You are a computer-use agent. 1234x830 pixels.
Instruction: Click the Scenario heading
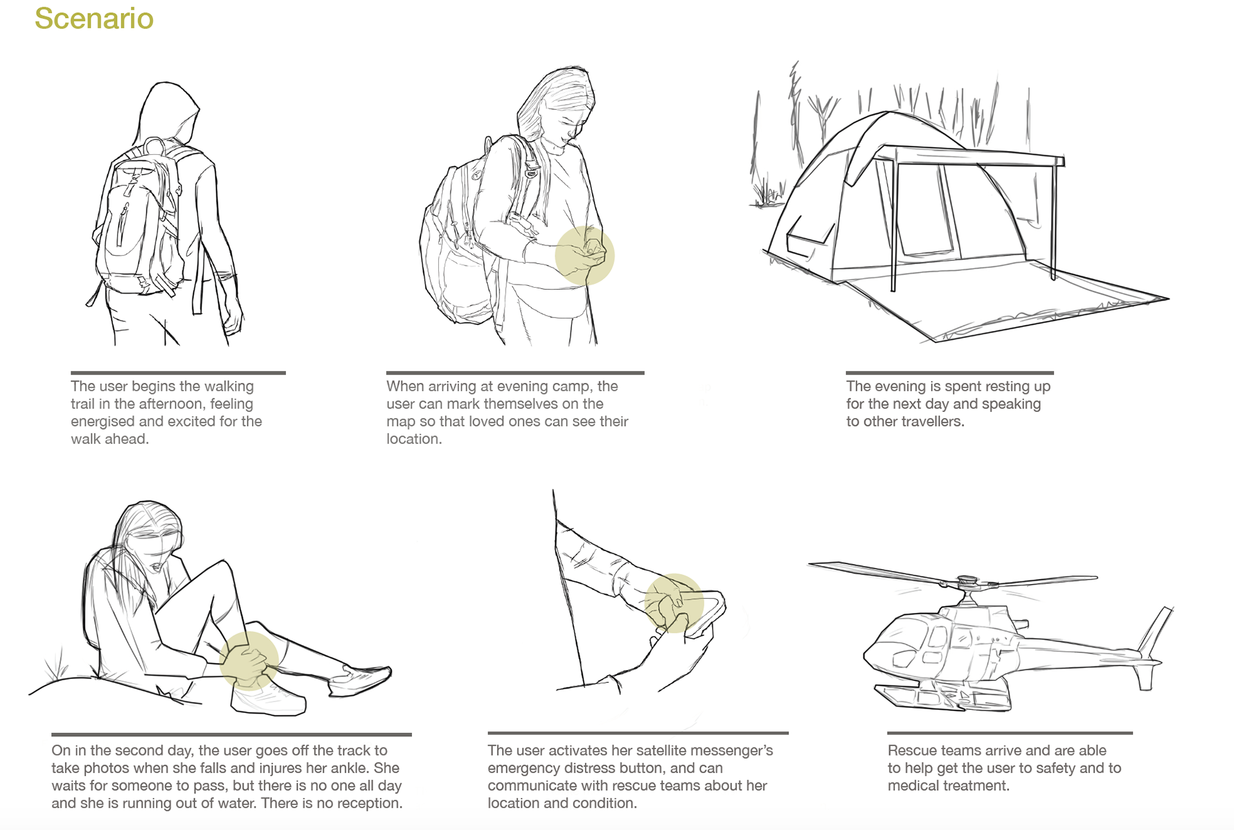94,19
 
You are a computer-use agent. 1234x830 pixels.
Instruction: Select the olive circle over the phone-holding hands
584,255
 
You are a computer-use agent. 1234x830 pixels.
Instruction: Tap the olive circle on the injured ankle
249,660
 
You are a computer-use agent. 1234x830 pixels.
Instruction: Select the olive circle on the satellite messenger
674,603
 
